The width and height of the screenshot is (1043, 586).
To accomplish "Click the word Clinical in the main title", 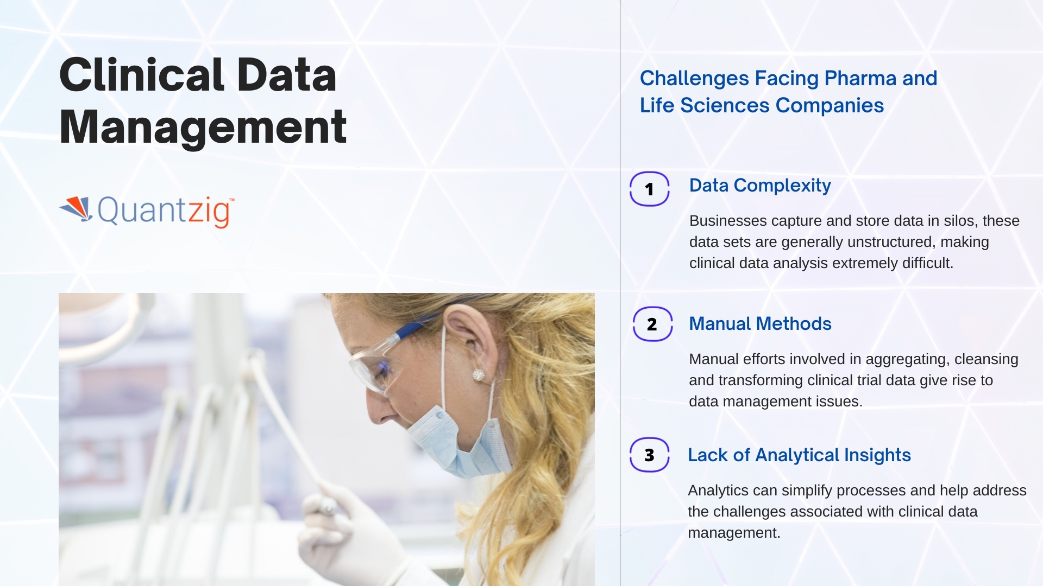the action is (x=142, y=75).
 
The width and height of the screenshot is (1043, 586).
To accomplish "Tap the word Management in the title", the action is (x=203, y=128).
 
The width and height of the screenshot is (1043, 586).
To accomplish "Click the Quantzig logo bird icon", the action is (x=76, y=209).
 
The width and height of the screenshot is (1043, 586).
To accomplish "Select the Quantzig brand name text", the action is (x=166, y=212).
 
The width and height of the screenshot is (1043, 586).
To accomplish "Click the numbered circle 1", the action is (x=649, y=189).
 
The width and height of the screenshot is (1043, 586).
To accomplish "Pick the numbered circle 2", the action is (x=652, y=324).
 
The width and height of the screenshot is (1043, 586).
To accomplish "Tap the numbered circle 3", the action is (x=649, y=455).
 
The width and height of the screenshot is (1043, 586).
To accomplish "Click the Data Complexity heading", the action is (x=760, y=186).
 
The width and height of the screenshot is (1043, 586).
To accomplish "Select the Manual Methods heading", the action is (x=760, y=323).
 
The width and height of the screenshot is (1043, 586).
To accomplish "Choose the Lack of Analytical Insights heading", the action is (x=799, y=455).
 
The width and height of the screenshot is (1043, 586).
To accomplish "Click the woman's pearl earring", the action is (x=479, y=374).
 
